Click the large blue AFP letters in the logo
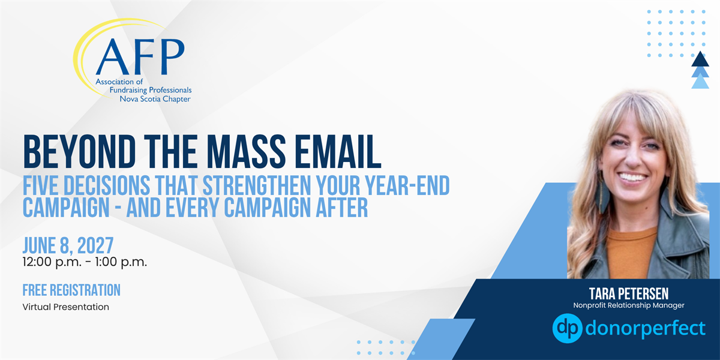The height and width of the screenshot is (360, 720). click(x=140, y=56)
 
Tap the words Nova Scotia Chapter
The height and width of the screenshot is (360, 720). click(x=155, y=99)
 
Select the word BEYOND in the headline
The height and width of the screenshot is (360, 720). click(x=79, y=152)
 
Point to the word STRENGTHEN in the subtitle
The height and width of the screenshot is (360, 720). click(x=257, y=185)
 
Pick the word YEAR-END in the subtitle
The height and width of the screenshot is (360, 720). click(x=407, y=185)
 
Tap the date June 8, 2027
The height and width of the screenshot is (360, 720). click(x=68, y=246)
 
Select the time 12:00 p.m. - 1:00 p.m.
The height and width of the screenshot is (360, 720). click(x=85, y=262)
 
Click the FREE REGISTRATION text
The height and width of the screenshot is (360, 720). click(x=71, y=290)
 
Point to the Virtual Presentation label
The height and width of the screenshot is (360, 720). click(x=66, y=307)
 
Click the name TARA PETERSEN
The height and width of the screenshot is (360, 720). click(x=628, y=294)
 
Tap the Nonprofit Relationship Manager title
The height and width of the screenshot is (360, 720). click(x=629, y=305)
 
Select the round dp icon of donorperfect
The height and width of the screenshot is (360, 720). click(x=568, y=328)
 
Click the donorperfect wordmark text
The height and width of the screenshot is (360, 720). click(x=646, y=329)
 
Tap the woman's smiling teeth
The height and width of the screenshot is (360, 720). click(x=632, y=177)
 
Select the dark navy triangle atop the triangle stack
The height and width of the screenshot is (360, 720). click(x=700, y=59)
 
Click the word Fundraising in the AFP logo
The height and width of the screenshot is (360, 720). click(x=127, y=91)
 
